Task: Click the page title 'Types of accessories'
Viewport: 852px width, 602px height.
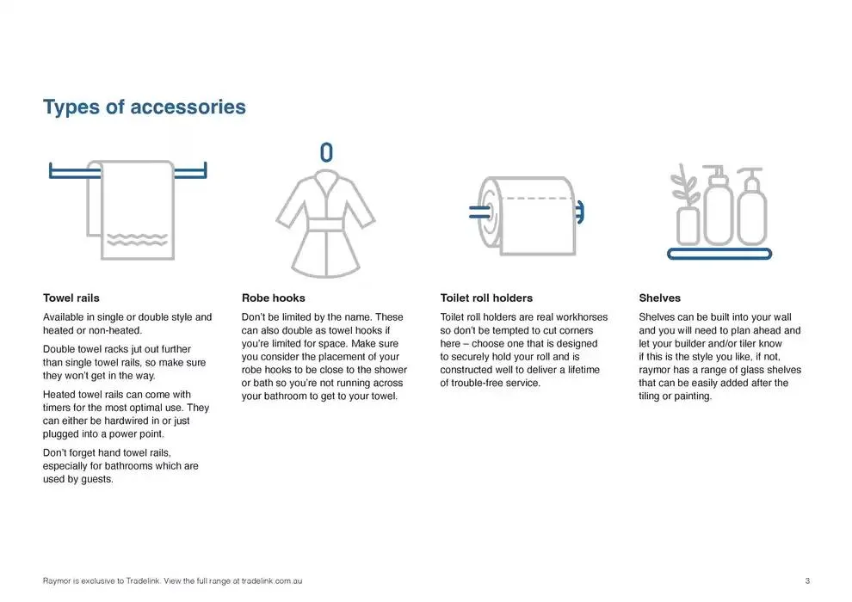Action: tap(144, 107)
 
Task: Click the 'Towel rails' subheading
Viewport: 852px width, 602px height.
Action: tap(71, 298)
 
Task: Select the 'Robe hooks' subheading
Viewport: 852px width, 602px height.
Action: tap(273, 298)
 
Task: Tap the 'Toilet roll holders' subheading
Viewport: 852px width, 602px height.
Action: tap(485, 298)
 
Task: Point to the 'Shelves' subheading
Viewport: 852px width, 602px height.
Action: tap(659, 298)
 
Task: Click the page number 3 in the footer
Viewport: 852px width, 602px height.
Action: tap(807, 581)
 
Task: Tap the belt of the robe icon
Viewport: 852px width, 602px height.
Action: tap(326, 225)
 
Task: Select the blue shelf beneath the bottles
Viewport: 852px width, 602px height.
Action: tap(719, 254)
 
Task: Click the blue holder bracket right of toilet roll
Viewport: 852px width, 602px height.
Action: tap(579, 211)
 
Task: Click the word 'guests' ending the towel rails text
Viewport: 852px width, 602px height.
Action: tap(96, 479)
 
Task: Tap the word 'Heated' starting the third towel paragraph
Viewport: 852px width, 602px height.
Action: tap(59, 395)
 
